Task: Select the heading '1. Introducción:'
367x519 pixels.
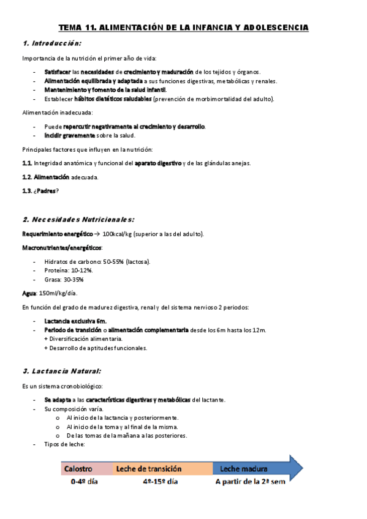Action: tap(51, 43)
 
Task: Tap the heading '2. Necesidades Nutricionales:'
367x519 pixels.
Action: tap(78, 219)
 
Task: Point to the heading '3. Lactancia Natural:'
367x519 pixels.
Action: tap(62, 371)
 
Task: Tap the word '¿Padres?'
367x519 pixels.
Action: tap(48, 191)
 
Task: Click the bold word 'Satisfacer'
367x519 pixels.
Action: tap(58, 72)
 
